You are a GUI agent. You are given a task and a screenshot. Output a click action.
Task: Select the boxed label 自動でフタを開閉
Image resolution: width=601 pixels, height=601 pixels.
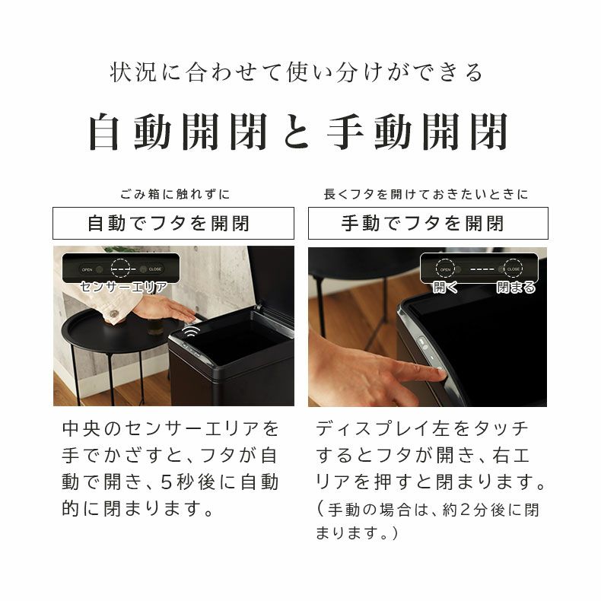tap(173, 223)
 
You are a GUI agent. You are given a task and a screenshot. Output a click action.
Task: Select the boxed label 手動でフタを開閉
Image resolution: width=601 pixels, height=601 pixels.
tap(428, 223)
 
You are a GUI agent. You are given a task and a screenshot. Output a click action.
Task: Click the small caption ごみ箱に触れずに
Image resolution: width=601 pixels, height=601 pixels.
tap(174, 194)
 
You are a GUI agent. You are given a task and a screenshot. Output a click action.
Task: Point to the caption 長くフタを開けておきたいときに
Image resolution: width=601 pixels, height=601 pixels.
tap(426, 194)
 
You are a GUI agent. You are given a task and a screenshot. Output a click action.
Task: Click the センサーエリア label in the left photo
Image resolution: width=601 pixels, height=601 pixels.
tap(124, 287)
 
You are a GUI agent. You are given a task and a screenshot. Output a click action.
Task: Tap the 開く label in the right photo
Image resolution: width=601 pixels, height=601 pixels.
tap(445, 287)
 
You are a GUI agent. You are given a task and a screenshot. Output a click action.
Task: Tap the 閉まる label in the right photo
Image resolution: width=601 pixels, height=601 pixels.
tap(515, 287)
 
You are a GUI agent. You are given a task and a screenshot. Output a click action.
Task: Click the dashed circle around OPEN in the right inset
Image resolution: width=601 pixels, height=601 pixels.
tap(445, 269)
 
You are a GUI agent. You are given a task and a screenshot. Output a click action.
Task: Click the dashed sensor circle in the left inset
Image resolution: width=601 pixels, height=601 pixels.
tap(123, 268)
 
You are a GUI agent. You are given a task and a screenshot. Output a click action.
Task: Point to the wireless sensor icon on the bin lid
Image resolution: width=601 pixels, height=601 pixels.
tap(191, 333)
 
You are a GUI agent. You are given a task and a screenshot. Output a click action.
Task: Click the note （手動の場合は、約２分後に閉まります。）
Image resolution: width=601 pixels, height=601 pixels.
tap(427, 521)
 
